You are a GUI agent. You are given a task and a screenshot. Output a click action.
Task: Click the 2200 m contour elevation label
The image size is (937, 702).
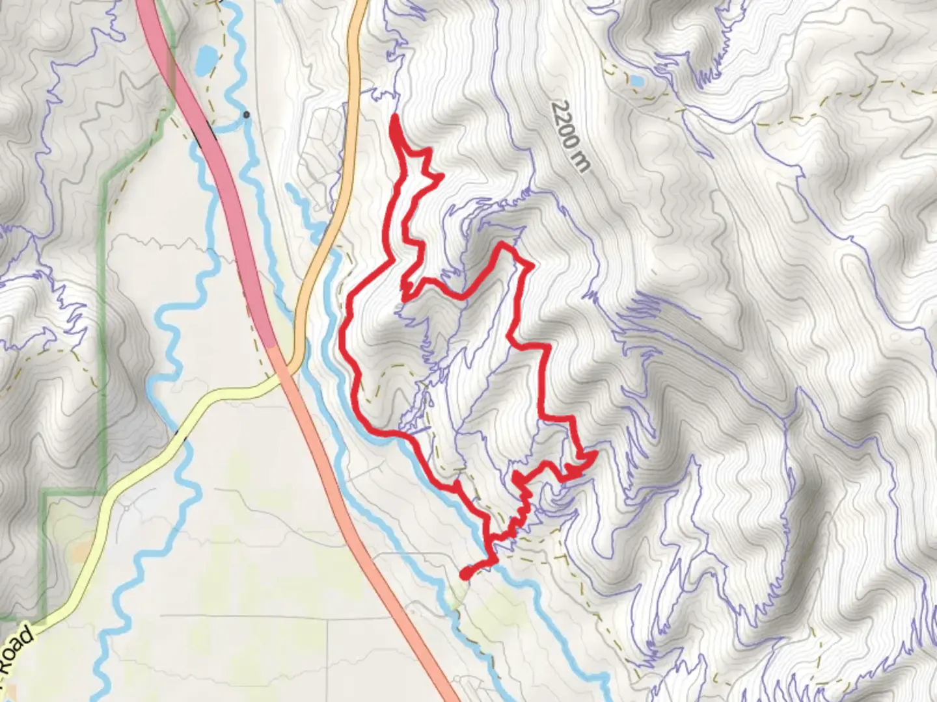coord(569,136)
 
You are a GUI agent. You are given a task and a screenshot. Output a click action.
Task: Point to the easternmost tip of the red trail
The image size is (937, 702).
coord(595,453)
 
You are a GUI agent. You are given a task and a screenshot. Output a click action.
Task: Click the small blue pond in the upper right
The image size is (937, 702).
coord(636,81)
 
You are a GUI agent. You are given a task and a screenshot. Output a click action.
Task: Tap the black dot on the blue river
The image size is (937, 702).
coord(246,115)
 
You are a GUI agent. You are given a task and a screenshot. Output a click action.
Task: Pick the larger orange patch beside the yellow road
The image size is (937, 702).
coord(82,553)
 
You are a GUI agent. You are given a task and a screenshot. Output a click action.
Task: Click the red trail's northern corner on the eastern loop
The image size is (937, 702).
coord(502,246)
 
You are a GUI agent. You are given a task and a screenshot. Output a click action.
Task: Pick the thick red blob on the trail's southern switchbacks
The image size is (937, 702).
coord(517,479)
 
